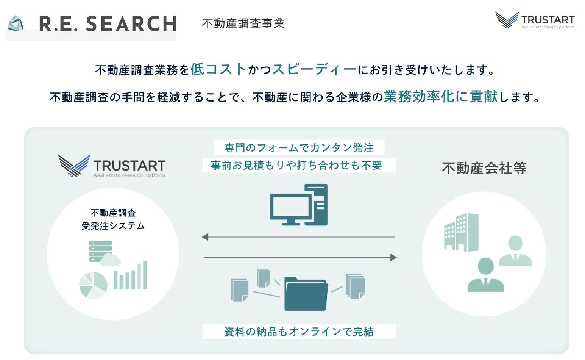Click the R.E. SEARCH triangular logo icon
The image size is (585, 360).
pyautogui.click(x=16, y=23)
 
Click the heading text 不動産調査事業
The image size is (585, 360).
pyautogui.click(x=243, y=23)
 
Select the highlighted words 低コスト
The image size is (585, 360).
pyautogui.click(x=218, y=69)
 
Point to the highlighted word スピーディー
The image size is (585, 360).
pyautogui.click(x=314, y=69)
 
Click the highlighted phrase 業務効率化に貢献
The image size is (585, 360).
pyautogui.click(x=440, y=97)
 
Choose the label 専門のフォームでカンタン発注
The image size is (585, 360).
pyautogui.click(x=299, y=147)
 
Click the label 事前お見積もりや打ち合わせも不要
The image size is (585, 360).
pyautogui.click(x=296, y=165)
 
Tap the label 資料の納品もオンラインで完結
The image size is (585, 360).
pyautogui.click(x=299, y=332)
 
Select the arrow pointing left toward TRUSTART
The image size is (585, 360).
pyautogui.click(x=298, y=237)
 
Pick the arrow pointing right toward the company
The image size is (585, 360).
pyautogui.click(x=300, y=258)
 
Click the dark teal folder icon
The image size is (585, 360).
pyautogui.click(x=306, y=294)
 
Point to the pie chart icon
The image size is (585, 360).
pyautogui.click(x=93, y=285)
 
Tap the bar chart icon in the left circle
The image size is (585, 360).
pyautogui.click(x=130, y=275)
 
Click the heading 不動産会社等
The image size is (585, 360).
pyautogui.click(x=484, y=168)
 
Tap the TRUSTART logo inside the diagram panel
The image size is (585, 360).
pyautogui.click(x=112, y=166)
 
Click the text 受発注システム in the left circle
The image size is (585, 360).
pyautogui.click(x=113, y=226)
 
